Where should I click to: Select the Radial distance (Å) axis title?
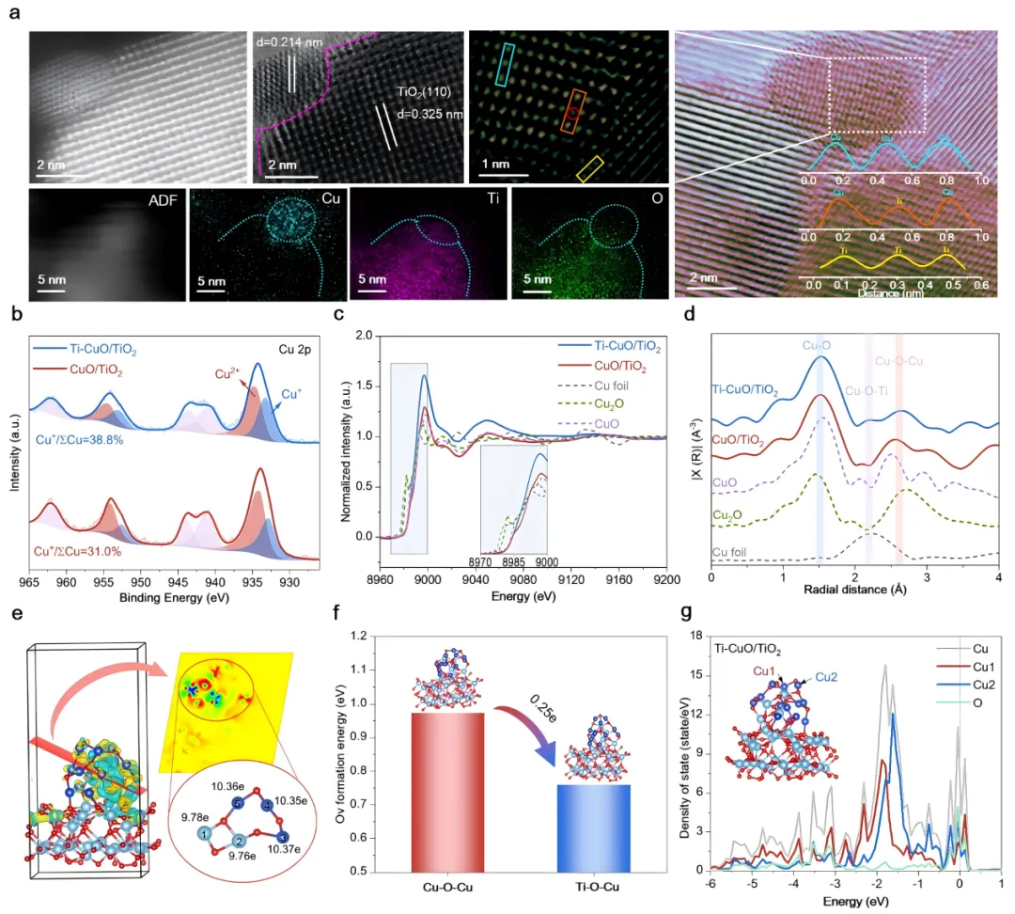click(854, 591)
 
